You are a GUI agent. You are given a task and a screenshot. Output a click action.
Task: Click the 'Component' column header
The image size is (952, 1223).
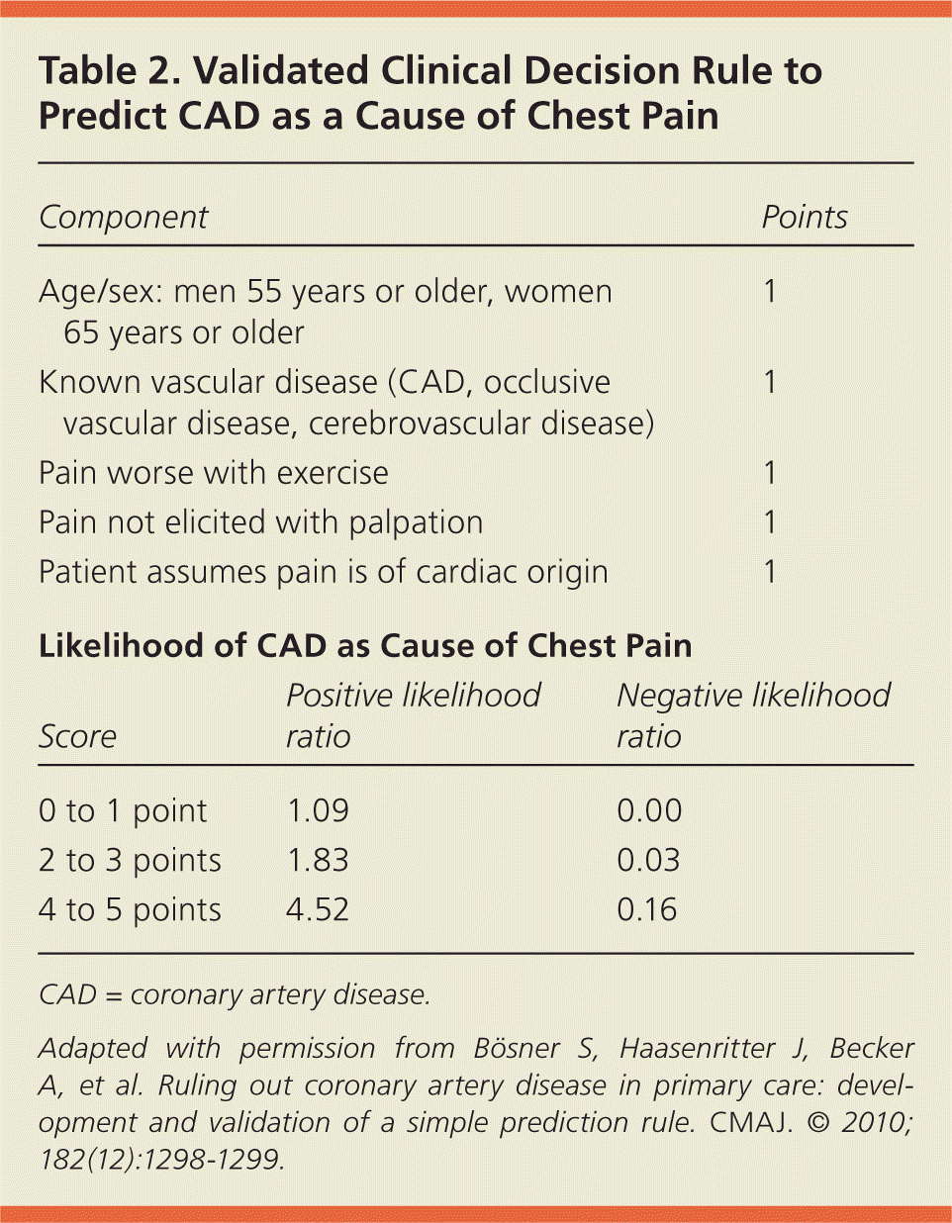pos(124,218)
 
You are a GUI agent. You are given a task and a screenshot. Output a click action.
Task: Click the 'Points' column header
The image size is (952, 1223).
pos(804,218)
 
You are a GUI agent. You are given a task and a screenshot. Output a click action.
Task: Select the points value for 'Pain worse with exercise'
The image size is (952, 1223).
pos(770,473)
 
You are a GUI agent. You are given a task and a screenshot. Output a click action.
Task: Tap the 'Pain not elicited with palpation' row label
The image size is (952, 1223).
pos(261,522)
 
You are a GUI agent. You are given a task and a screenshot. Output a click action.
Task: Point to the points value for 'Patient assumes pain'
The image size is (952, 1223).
pos(770,572)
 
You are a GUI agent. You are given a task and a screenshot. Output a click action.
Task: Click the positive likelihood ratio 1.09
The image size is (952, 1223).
pos(318,810)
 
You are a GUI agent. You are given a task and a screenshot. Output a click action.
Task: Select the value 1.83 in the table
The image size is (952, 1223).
pos(318,860)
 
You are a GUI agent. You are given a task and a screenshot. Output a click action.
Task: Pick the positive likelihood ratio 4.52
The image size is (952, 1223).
pos(318,909)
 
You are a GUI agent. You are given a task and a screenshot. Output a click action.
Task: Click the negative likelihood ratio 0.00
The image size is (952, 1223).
pos(649,810)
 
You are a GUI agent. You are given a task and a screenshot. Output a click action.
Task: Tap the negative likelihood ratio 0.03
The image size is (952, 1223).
pos(649,860)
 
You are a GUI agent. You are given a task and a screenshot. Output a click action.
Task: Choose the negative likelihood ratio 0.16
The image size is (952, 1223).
pos(647,909)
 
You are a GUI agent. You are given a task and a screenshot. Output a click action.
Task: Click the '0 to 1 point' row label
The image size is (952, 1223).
pos(123,810)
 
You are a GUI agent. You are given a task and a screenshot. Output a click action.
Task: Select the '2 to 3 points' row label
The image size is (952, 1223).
pos(130,860)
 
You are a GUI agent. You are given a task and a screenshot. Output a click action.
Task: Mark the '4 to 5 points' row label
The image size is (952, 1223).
pos(130,909)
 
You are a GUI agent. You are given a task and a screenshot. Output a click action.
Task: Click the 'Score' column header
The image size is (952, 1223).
pos(77,737)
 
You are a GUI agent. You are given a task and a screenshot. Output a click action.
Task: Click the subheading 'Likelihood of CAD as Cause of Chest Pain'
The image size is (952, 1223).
pos(365,646)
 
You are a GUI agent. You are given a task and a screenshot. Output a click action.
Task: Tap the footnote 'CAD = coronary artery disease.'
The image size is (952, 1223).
pos(235,994)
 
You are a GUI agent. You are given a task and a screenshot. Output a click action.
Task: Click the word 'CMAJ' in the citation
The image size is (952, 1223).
pos(750,1122)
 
